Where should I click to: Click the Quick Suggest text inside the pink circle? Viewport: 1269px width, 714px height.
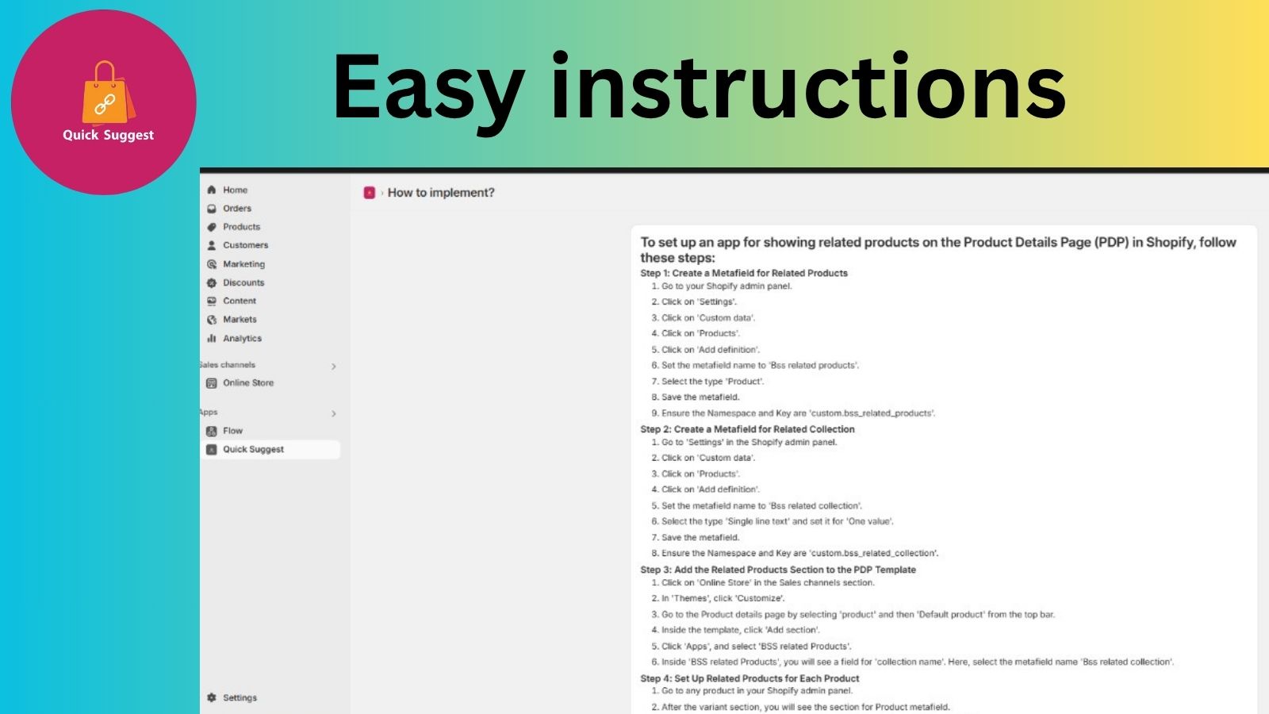[108, 136]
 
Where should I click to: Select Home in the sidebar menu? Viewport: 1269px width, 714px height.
[235, 190]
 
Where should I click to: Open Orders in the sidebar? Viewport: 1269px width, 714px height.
[237, 209]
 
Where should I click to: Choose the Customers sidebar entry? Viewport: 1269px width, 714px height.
[245, 245]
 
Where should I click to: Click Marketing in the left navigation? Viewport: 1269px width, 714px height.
[243, 264]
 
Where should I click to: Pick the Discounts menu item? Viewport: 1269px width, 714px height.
[243, 282]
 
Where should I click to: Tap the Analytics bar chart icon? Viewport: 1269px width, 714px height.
[211, 338]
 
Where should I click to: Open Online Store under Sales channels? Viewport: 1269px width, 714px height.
[248, 383]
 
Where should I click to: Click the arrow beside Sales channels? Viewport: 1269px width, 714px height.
[334, 367]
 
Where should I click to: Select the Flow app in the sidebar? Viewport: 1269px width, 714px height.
[232, 432]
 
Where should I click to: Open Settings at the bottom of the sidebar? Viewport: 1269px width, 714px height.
[240, 697]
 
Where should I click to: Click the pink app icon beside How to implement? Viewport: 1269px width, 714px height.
[370, 194]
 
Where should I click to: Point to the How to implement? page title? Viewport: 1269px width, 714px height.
[441, 193]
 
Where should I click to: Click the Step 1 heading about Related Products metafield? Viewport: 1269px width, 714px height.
[744, 273]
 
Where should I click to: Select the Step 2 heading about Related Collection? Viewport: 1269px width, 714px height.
[747, 429]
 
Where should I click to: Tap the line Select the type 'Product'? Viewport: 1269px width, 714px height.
[713, 382]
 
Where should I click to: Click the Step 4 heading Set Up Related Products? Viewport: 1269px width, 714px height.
[750, 678]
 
